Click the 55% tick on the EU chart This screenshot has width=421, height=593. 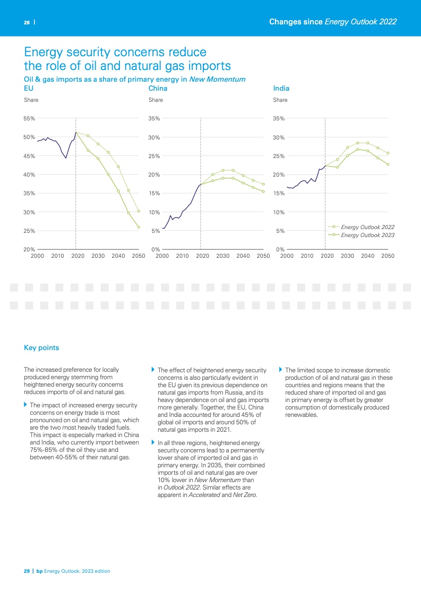(30, 119)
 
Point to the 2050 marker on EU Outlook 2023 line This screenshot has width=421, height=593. (139, 228)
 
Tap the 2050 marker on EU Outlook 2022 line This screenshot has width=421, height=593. (139, 211)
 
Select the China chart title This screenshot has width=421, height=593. (158, 89)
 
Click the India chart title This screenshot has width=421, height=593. (281, 89)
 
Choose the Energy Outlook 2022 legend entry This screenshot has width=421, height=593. (367, 227)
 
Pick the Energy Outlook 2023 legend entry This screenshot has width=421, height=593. (367, 234)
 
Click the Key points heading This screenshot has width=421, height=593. (41, 348)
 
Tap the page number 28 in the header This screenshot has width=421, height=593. (26, 22)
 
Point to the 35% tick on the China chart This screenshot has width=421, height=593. (154, 119)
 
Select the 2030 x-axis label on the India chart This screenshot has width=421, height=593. (347, 256)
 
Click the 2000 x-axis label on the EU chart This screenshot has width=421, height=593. (37, 256)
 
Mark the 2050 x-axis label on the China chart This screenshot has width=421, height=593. (263, 256)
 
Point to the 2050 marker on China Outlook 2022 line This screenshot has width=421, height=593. (263, 184)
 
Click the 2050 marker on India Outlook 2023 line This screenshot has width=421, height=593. (388, 164)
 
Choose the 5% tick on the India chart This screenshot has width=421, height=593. (280, 231)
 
